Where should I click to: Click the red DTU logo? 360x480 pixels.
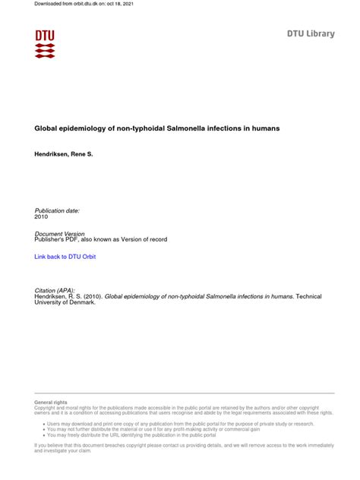45,44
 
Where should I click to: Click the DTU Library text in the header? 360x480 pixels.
310,34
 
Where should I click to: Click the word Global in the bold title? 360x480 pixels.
46,129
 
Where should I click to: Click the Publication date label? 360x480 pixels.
57,210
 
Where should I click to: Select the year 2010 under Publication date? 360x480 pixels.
42,216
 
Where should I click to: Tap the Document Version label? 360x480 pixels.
60,233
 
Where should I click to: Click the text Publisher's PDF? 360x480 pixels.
61,240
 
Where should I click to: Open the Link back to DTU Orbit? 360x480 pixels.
65,257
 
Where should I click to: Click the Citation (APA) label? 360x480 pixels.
55,289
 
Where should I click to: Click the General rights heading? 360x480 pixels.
51,402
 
